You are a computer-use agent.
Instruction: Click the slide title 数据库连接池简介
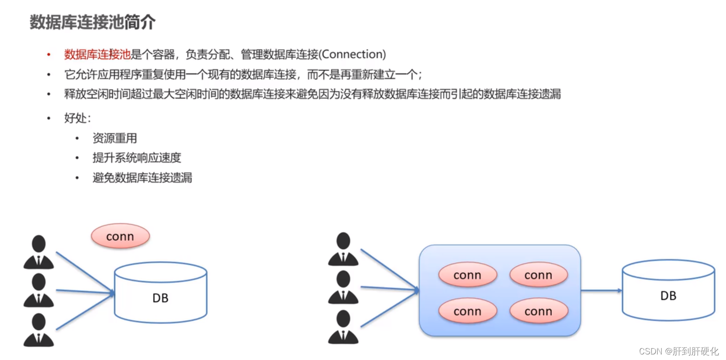93,22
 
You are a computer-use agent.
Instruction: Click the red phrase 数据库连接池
97,54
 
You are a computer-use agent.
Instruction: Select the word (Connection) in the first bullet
353,54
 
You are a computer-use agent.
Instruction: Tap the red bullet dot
49,55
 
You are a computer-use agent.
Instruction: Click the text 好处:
77,118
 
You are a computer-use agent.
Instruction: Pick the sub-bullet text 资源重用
114,138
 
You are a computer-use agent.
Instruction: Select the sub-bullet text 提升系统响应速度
136,158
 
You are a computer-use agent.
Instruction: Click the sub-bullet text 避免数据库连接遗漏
142,178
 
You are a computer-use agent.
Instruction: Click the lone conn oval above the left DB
120,236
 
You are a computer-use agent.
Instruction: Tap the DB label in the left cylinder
160,298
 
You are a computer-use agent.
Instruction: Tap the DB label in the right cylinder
668,296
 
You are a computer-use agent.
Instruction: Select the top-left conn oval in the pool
467,275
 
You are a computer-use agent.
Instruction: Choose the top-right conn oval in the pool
539,275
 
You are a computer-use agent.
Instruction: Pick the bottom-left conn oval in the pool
467,311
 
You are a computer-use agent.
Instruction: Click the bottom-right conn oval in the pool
539,311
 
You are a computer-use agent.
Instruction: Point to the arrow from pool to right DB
601,290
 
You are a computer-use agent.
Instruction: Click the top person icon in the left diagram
39,252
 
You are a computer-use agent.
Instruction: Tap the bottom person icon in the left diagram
39,330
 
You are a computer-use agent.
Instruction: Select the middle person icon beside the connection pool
343,287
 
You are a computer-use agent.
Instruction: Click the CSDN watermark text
679,351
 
